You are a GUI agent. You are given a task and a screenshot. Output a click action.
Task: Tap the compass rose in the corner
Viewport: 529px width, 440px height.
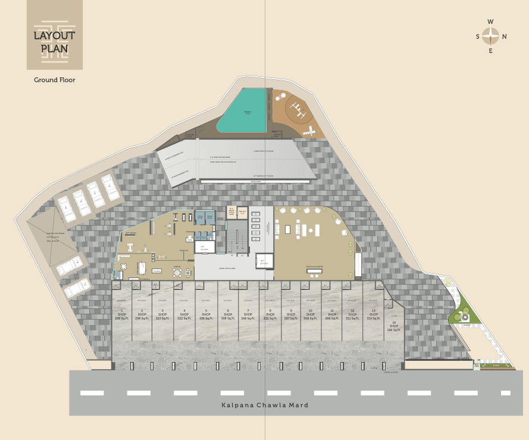click(491, 36)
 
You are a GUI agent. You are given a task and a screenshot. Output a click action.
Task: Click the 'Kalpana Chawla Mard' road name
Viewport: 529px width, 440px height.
click(265, 405)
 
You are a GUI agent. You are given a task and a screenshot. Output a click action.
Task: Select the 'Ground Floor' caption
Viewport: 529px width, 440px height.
click(54, 80)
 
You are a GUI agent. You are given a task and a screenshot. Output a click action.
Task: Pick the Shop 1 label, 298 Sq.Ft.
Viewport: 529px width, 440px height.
click(121, 315)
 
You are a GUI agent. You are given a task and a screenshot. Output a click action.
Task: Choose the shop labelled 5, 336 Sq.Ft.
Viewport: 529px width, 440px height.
click(205, 315)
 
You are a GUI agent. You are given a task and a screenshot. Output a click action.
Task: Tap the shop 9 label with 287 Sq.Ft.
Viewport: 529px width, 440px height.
click(290, 315)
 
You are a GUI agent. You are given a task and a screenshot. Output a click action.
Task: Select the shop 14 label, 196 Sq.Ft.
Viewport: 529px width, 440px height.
click(393, 326)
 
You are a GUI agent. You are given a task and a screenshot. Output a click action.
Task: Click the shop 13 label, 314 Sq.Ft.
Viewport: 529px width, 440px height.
click(373, 315)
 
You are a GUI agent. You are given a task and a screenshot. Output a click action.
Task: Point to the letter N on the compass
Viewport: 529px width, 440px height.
click(505, 37)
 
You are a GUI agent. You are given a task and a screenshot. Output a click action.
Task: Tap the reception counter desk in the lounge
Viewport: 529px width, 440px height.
click(315, 272)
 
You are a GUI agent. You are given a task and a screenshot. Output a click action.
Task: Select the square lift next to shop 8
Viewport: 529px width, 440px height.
click(264, 260)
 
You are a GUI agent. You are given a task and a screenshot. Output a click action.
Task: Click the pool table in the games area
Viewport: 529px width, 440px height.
click(143, 268)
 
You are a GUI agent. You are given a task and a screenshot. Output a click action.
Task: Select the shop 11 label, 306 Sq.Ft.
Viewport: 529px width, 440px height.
click(332, 315)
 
